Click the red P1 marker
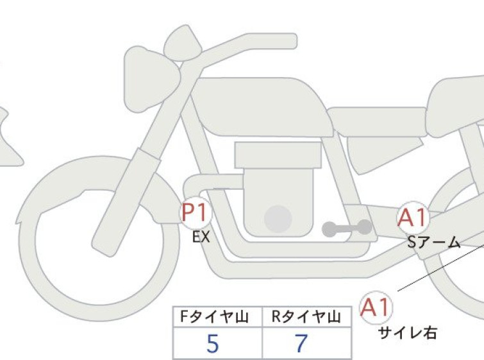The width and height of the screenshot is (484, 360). click(196, 212)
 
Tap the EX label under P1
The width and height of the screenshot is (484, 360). click(201, 237)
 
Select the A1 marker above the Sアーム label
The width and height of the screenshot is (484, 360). click(413, 218)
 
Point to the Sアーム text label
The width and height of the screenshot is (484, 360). click(434, 243)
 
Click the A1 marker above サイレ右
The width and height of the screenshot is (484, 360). click(376, 307)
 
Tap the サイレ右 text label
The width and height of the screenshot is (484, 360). click(408, 333)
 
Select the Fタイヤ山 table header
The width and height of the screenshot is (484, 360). click(214, 317)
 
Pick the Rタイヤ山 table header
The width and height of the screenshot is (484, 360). click(306, 317)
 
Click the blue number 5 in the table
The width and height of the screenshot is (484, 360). click(213, 343)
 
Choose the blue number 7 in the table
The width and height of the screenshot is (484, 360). click(301, 343)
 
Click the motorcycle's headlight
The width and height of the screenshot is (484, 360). click(151, 79)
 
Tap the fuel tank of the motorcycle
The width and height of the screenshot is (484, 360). click(262, 107)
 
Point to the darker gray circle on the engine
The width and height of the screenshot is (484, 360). click(278, 219)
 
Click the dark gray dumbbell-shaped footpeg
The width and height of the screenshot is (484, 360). click(347, 228)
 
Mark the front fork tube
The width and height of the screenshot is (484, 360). click(126, 202)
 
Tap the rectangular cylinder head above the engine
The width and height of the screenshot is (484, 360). click(278, 155)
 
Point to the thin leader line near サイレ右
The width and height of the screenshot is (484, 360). click(440, 268)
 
